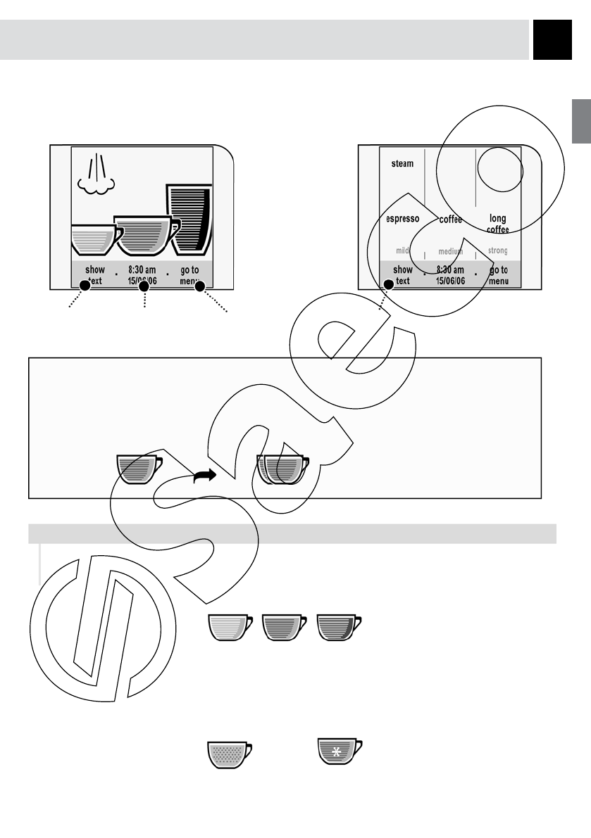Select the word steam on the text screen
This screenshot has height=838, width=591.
pyautogui.click(x=402, y=164)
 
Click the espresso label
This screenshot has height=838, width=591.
pyautogui.click(x=403, y=219)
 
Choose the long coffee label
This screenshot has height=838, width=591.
pyautogui.click(x=497, y=224)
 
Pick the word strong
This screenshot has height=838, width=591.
pyautogui.click(x=497, y=250)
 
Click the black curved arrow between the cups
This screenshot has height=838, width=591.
pyautogui.click(x=205, y=476)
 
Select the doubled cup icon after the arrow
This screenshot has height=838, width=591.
pyautogui.click(x=282, y=469)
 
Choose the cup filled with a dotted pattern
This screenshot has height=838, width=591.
pyautogui.click(x=229, y=754)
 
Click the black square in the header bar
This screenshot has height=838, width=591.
pyautogui.click(x=552, y=39)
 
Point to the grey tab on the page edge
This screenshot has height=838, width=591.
pyautogui.click(x=581, y=121)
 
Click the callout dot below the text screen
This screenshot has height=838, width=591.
pyautogui.click(x=386, y=285)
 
